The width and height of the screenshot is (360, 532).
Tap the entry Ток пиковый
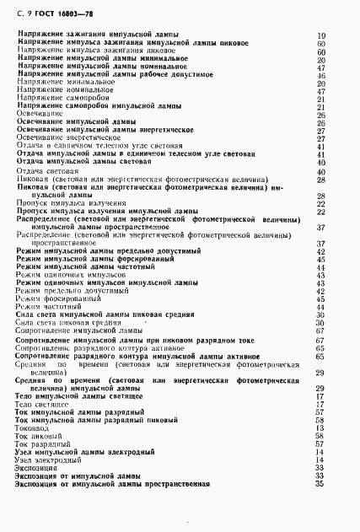coord(38,443)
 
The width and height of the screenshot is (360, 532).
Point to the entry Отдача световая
coord(47,170)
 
